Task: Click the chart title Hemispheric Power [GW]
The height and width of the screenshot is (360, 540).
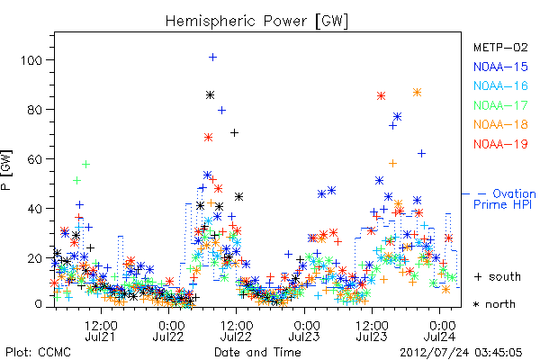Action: coord(256,21)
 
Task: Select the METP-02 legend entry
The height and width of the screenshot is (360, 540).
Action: coord(500,47)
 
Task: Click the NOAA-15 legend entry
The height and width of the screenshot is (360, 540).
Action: coord(500,67)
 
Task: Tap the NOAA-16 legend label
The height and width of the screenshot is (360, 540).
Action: coord(500,85)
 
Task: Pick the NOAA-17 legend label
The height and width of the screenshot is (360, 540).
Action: coord(500,105)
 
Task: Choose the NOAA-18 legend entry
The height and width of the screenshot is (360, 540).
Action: coord(500,124)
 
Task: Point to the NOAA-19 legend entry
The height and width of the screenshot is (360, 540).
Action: coord(500,144)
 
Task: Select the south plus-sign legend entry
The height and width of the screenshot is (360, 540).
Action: coord(498,276)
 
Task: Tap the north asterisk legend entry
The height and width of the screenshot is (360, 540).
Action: coord(494,304)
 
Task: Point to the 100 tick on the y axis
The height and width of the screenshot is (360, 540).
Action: coord(31,60)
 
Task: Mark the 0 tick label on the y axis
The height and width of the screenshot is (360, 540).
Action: coord(38,304)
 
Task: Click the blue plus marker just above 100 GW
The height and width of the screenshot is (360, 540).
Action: coord(212,57)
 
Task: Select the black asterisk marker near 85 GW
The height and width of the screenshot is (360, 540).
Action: coord(210,95)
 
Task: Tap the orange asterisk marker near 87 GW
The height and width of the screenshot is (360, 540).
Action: coord(417,93)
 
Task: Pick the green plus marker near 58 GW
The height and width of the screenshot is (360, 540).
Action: coord(85,165)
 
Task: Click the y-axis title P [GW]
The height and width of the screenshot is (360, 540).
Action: coord(6,170)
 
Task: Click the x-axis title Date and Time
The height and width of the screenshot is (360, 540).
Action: coord(257,352)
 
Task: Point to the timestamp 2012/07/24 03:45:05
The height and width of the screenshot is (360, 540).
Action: coord(461,353)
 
